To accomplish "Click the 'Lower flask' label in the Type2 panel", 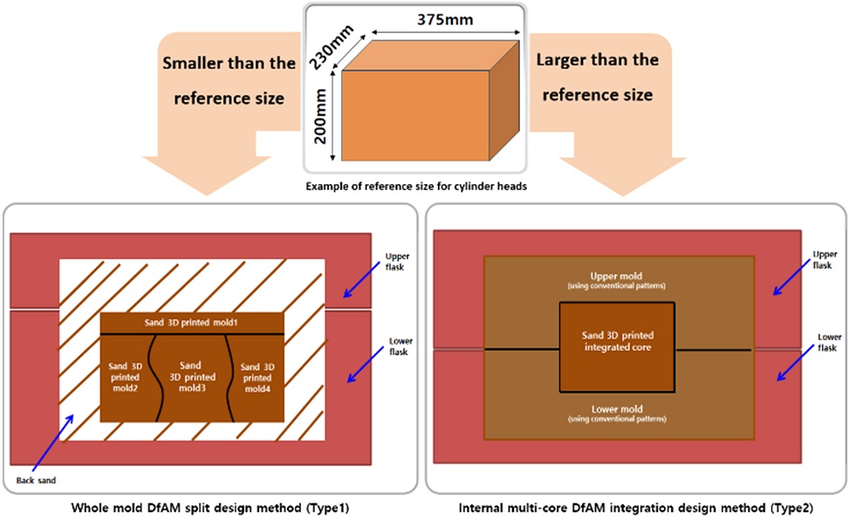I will point(829,342).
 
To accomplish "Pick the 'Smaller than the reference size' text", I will point(229,79).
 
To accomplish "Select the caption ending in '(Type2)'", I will point(635,507).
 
